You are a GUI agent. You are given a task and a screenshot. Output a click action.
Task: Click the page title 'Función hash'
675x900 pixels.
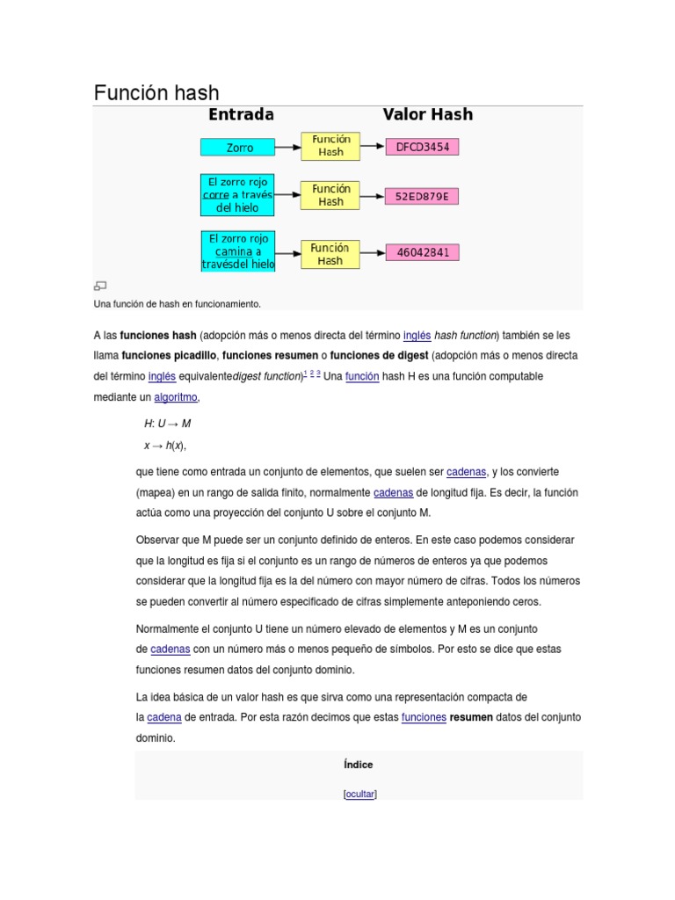click(x=156, y=92)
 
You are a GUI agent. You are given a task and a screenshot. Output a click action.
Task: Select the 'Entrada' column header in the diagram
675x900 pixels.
click(x=240, y=114)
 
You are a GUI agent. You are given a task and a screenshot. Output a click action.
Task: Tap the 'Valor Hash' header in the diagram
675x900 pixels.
click(x=427, y=114)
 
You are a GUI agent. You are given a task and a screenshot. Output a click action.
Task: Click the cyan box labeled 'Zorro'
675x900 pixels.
click(x=238, y=148)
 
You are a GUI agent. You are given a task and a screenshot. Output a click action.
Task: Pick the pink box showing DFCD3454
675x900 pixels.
click(x=422, y=147)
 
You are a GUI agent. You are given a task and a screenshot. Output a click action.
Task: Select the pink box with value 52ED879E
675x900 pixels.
click(x=422, y=196)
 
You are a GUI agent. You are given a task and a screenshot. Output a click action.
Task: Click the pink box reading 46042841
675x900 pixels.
click(x=422, y=252)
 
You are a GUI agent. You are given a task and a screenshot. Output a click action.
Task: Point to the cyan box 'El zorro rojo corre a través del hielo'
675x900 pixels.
click(x=238, y=195)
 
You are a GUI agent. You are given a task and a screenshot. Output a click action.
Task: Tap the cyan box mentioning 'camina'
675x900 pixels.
click(x=238, y=251)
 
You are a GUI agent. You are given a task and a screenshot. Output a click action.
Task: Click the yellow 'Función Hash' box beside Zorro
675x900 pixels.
click(x=330, y=146)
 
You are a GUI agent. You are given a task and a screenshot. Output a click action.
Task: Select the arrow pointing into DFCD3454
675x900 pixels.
click(x=373, y=147)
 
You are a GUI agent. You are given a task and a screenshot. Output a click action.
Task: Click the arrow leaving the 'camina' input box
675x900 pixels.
click(x=288, y=253)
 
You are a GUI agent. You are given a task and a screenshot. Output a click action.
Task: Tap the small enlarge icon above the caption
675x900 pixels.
click(x=99, y=286)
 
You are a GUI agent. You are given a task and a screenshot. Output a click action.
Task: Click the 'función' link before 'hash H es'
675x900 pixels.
click(x=362, y=376)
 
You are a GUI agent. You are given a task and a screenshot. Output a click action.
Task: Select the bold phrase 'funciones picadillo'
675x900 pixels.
click(x=169, y=355)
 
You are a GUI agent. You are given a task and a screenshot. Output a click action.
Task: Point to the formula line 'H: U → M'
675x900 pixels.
click(x=167, y=423)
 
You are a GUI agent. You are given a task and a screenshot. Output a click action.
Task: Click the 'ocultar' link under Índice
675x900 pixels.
click(x=359, y=794)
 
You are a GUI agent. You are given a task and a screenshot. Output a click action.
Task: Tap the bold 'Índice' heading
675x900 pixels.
click(x=359, y=765)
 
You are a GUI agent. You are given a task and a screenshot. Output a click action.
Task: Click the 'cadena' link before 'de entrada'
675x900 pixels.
click(x=164, y=717)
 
